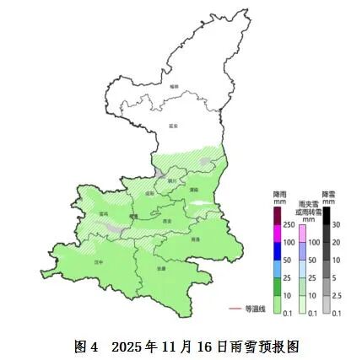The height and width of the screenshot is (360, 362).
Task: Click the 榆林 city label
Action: coord(175,86)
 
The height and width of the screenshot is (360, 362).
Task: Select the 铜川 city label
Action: coord(171,180)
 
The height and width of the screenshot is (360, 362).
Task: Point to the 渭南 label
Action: coord(193,190)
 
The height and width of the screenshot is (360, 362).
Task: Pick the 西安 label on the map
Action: coord(167,221)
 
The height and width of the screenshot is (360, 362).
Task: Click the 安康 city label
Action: coord(160,268)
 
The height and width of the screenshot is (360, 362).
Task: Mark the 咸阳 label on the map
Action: coord(150,193)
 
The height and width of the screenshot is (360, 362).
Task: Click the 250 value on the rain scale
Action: coord(288,224)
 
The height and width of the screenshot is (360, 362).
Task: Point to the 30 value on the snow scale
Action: coord(335,224)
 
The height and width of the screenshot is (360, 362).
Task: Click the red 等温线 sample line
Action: coord(235,309)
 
